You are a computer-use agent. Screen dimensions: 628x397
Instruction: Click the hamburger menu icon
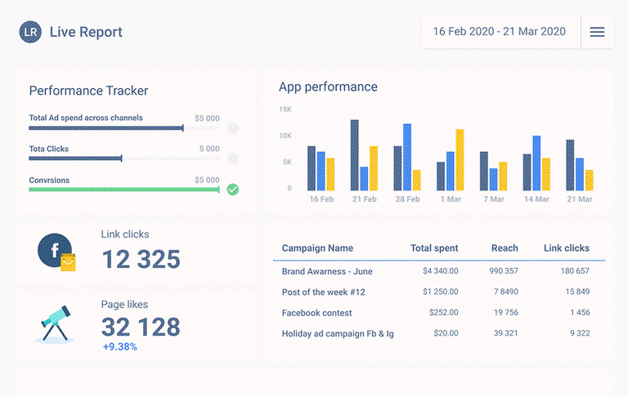click(x=597, y=32)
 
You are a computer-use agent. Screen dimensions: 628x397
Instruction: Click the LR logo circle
click(x=30, y=32)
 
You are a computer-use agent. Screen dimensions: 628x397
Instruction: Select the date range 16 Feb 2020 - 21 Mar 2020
click(x=499, y=32)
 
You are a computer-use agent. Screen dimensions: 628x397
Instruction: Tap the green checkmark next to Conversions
click(x=233, y=190)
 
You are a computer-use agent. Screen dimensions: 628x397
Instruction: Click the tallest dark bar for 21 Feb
click(x=354, y=155)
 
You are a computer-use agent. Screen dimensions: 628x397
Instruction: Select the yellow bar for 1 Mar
click(x=460, y=159)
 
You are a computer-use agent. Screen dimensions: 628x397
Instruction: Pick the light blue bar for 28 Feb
click(x=407, y=157)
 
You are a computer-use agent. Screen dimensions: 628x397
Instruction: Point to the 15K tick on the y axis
click(x=285, y=109)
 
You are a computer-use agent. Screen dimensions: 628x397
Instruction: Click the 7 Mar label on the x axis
click(x=493, y=198)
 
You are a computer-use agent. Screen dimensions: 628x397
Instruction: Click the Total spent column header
click(x=434, y=248)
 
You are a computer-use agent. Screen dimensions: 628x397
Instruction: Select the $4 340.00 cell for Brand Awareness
click(x=441, y=271)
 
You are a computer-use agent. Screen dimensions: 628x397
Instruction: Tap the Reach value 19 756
click(x=506, y=312)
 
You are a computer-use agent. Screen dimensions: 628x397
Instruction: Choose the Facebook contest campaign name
click(x=316, y=313)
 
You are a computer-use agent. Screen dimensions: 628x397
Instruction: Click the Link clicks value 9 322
click(x=580, y=333)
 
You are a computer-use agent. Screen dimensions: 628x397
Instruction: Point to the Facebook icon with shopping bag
click(x=56, y=252)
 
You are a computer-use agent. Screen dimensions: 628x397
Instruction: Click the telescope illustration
click(x=55, y=323)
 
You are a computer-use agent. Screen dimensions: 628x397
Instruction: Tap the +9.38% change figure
click(x=119, y=346)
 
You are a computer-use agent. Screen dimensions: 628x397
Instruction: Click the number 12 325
click(x=141, y=259)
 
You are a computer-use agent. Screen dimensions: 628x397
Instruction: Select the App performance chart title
click(x=328, y=87)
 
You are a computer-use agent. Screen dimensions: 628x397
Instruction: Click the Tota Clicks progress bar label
click(x=49, y=149)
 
